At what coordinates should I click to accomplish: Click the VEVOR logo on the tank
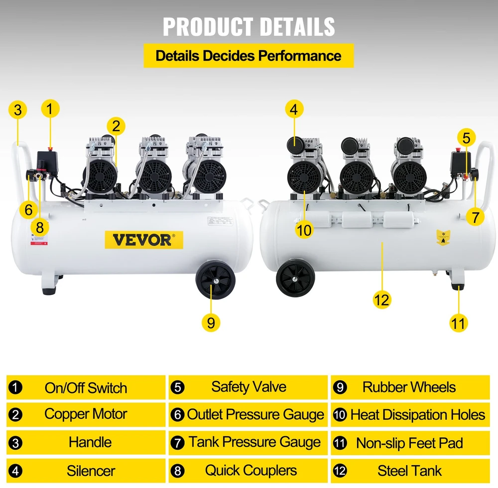(x=144, y=240)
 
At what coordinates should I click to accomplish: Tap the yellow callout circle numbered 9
(x=211, y=322)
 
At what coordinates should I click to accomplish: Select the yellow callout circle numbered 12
(x=381, y=299)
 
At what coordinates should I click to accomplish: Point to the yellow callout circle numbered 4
(x=294, y=109)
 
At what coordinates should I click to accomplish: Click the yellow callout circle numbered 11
(x=458, y=323)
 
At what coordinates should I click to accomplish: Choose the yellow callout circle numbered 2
(x=116, y=126)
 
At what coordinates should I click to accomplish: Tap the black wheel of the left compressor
(x=216, y=280)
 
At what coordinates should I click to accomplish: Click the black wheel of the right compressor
(x=295, y=278)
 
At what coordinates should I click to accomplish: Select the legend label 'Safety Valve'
(x=249, y=387)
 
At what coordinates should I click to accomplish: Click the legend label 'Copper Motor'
(x=86, y=414)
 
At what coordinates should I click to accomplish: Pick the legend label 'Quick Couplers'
(x=251, y=470)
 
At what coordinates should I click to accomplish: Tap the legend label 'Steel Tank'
(x=409, y=471)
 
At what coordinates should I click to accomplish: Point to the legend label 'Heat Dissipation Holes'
(x=418, y=415)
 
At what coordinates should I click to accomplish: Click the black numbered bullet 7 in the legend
(x=178, y=443)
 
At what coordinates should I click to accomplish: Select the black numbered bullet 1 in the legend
(x=15, y=388)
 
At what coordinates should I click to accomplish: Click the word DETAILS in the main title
(x=297, y=27)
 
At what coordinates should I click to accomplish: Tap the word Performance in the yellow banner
(x=299, y=56)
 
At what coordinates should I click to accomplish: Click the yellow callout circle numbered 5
(x=466, y=138)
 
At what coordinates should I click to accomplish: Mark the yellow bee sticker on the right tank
(x=443, y=237)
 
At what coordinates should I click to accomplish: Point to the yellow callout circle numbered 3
(x=18, y=110)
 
